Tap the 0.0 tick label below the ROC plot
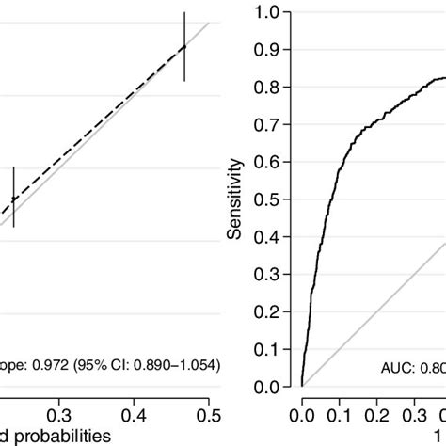click(x=302, y=412)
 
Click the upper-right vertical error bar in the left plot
click(x=184, y=46)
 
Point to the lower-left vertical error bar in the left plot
click(x=13, y=197)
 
